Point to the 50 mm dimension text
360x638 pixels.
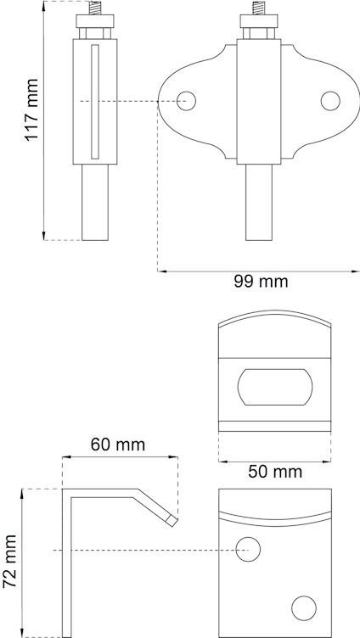point(273,472)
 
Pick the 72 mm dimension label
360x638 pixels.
point(11,562)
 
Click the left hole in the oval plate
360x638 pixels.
point(186,100)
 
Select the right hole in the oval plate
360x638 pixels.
point(329,100)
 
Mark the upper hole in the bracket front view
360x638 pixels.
point(248,549)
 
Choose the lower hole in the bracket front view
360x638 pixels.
point(301,607)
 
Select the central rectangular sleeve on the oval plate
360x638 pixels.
point(257,102)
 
